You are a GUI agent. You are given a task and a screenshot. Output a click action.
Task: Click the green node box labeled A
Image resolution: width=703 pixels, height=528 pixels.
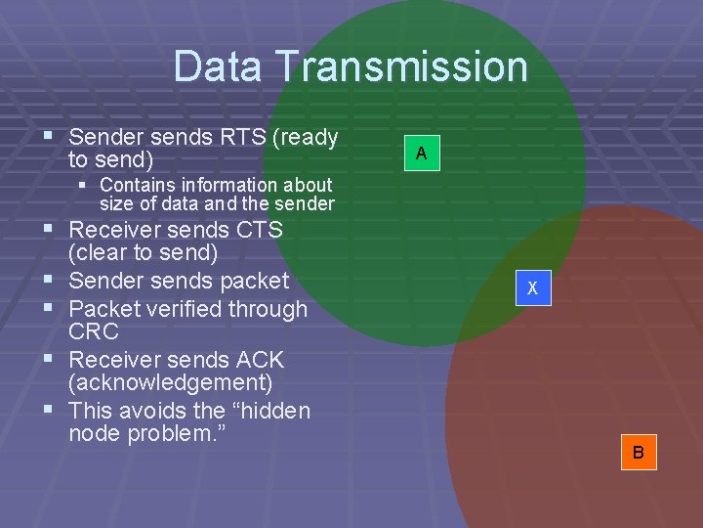point(421,154)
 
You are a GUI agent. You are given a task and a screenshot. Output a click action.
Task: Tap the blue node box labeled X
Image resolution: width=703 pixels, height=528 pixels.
point(532,288)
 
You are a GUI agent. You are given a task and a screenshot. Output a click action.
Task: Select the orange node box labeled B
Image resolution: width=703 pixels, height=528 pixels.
point(638,453)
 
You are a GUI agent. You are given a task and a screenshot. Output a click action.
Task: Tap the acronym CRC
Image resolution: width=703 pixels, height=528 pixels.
point(94,331)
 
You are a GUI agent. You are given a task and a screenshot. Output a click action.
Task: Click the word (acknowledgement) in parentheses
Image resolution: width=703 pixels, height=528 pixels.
point(171,382)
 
